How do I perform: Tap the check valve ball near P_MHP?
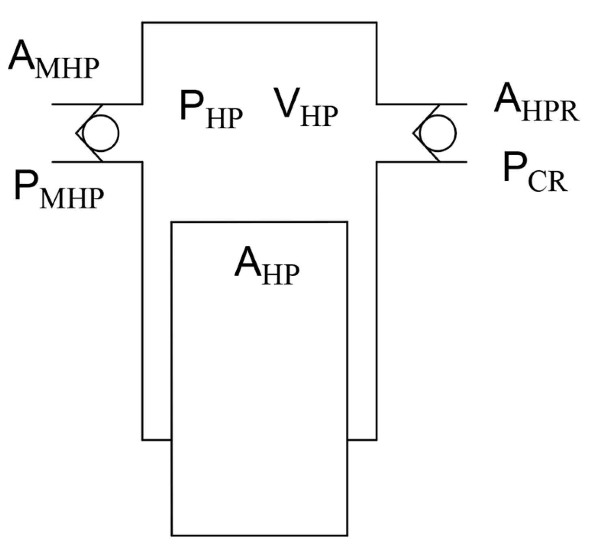[101, 133]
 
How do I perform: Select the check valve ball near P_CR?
[438, 133]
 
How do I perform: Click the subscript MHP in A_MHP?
[67, 69]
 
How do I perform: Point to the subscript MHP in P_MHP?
[72, 199]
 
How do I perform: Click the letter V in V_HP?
[286, 102]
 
